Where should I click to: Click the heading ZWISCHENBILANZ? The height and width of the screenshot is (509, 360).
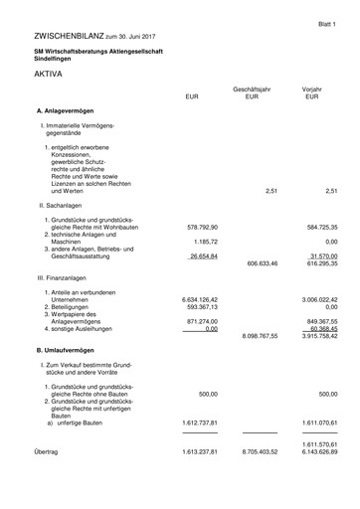[69, 35]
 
